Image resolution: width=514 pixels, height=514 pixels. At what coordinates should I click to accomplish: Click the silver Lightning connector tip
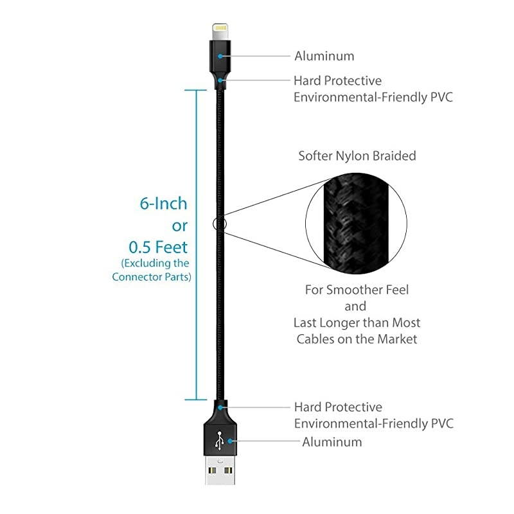point(220,31)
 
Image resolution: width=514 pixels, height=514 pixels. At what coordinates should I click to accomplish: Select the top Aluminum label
point(324,56)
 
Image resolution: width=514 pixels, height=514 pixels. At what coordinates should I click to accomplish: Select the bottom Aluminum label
point(332,442)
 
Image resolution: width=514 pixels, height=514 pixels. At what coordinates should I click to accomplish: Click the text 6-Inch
point(163,204)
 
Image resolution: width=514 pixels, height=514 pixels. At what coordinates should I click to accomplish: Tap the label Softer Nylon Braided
point(357,155)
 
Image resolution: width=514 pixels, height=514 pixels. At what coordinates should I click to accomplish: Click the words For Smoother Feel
point(357,290)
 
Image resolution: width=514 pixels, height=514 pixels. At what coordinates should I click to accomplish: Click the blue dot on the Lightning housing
point(220,56)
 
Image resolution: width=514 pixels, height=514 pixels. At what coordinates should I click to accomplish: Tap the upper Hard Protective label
point(337,80)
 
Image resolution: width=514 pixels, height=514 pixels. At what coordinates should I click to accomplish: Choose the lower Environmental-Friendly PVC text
point(373,423)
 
